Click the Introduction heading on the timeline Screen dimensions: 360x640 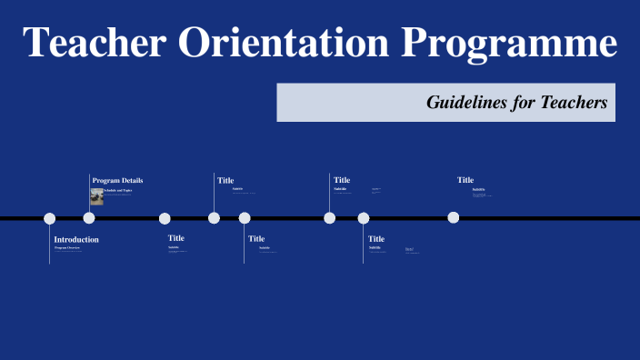point(76,239)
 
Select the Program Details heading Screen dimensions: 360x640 point(117,180)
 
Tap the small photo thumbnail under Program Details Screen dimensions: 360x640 point(96,196)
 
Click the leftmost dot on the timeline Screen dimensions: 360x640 point(50,218)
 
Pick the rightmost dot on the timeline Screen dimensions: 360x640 point(453,217)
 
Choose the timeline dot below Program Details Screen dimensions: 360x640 point(89,218)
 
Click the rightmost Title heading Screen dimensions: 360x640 point(465,180)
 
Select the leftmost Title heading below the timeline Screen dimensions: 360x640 point(176,238)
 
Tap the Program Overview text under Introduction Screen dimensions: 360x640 point(68,247)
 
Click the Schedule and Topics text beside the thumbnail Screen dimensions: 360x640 point(118,190)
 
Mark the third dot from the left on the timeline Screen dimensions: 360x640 point(165,218)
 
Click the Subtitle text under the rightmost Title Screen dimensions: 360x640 point(478,189)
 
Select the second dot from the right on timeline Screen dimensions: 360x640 point(364,218)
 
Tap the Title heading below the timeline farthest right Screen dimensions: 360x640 point(376,238)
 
